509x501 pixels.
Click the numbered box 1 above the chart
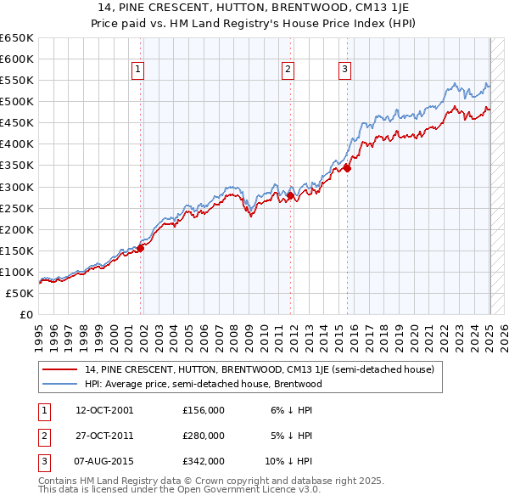137,70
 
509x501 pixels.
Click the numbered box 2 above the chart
288,70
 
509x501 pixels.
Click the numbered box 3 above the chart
345,70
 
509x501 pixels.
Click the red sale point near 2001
141,248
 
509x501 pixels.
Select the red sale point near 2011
290,195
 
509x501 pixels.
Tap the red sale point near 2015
347,169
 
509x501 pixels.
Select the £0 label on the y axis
26,314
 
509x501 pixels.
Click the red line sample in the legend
59,370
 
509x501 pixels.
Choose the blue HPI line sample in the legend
59,384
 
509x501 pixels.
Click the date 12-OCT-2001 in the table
104,410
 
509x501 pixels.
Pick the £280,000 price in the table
204,436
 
